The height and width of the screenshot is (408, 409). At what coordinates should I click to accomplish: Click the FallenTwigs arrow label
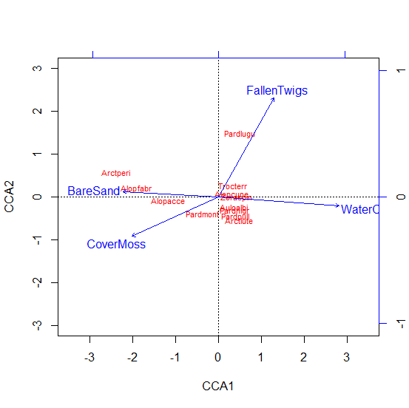pyautogui.click(x=277, y=91)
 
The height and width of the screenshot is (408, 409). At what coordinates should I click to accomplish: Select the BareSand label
pyautogui.click(x=93, y=191)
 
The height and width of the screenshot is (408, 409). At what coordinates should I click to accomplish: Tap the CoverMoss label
pyautogui.click(x=116, y=245)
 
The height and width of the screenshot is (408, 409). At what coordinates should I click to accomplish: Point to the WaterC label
pyautogui.click(x=359, y=210)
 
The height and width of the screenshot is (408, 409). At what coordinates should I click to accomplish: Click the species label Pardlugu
pyautogui.click(x=240, y=135)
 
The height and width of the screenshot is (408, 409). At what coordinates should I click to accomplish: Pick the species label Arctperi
pyautogui.click(x=116, y=174)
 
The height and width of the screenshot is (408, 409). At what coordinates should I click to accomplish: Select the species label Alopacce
pyautogui.click(x=168, y=201)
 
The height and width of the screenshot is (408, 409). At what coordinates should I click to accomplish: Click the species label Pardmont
pyautogui.click(x=202, y=215)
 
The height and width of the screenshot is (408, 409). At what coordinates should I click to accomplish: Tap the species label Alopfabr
pyautogui.click(x=136, y=189)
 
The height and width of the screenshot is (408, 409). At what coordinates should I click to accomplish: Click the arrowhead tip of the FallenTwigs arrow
pyautogui.click(x=274, y=98)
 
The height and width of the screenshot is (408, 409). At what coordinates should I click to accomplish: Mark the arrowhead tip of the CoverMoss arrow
pyautogui.click(x=132, y=237)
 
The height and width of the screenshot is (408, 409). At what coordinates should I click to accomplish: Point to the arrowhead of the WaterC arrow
pyautogui.click(x=340, y=206)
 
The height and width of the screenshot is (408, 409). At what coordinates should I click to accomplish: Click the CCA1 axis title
pyautogui.click(x=218, y=386)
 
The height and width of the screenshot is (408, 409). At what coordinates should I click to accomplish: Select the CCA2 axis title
pyautogui.click(x=10, y=197)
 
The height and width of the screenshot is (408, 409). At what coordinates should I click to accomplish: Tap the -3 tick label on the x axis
pyautogui.click(x=89, y=358)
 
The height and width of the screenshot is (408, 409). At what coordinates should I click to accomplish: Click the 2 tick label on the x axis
pyautogui.click(x=304, y=358)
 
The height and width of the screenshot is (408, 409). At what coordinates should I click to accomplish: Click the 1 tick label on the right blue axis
pyautogui.click(x=398, y=70)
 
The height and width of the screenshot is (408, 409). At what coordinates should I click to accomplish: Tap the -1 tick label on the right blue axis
pyautogui.click(x=398, y=324)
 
